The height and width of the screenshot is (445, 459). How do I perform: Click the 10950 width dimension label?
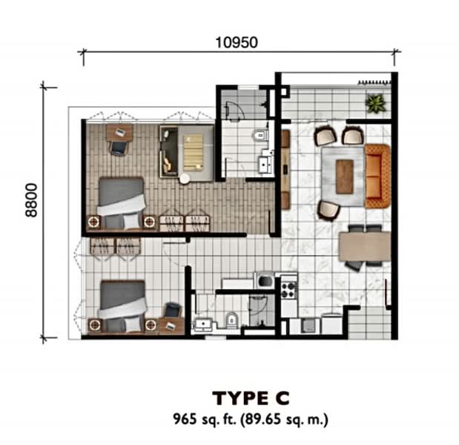pyautogui.click(x=237, y=42)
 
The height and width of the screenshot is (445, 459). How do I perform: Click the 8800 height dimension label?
pyautogui.click(x=31, y=200)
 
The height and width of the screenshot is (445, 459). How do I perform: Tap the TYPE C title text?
pyautogui.click(x=251, y=398)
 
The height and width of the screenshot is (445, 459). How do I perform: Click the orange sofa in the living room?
pyautogui.click(x=377, y=177)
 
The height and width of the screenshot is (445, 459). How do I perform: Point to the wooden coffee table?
pyautogui.click(x=345, y=177)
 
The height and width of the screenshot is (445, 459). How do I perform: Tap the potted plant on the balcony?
pyautogui.click(x=375, y=103)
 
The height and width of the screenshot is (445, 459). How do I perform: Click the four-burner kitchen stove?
pyautogui.click(x=288, y=290)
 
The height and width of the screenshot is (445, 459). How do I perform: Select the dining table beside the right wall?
pyautogui.click(x=365, y=246)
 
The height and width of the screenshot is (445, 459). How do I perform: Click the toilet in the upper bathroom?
pyautogui.click(x=260, y=135)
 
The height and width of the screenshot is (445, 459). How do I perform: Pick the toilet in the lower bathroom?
pyautogui.click(x=231, y=320)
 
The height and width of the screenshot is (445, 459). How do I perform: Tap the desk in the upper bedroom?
pyautogui.click(x=119, y=132)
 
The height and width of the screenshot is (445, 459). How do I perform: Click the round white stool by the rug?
pyautogui.click(x=185, y=179)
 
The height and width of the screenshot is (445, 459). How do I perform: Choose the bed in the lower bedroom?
pyautogui.click(x=122, y=306)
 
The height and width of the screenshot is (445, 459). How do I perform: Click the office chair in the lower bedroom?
pyautogui.click(x=173, y=310)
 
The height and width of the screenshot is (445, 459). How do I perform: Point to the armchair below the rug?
pyautogui.click(x=328, y=210)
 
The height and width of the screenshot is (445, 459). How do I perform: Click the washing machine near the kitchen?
pyautogui.click(x=265, y=280)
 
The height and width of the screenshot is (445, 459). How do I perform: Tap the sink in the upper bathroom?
pyautogui.click(x=265, y=165)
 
